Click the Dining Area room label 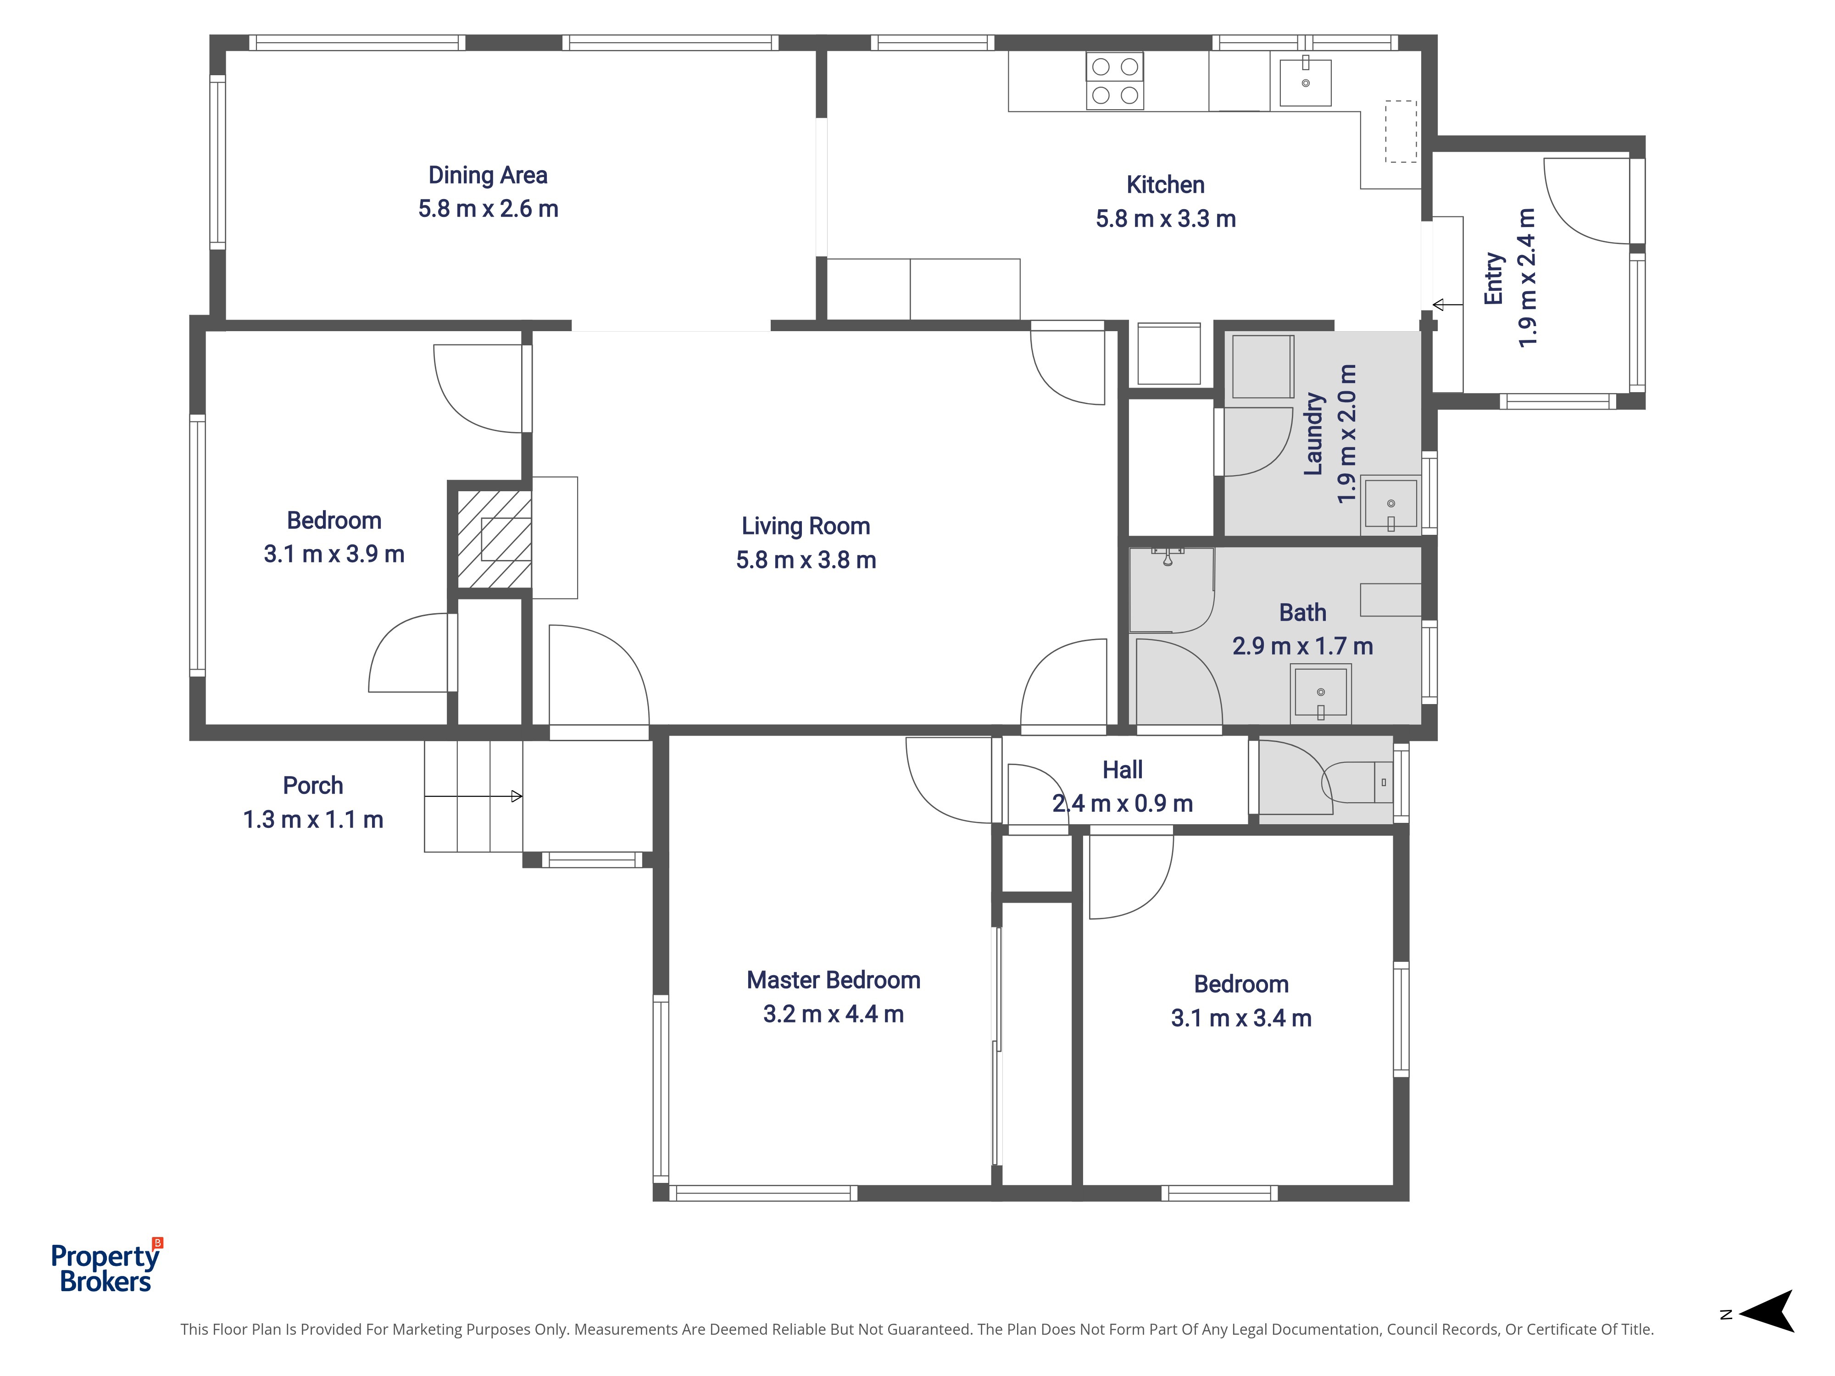click(x=488, y=175)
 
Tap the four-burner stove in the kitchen click(x=1115, y=80)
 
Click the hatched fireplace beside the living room click(x=495, y=539)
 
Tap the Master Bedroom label click(x=833, y=980)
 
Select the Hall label click(x=1123, y=770)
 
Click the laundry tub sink click(x=1390, y=504)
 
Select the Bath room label click(x=1302, y=612)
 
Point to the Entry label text click(x=1493, y=279)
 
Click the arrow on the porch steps click(x=473, y=796)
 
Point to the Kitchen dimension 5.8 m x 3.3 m click(x=1166, y=219)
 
